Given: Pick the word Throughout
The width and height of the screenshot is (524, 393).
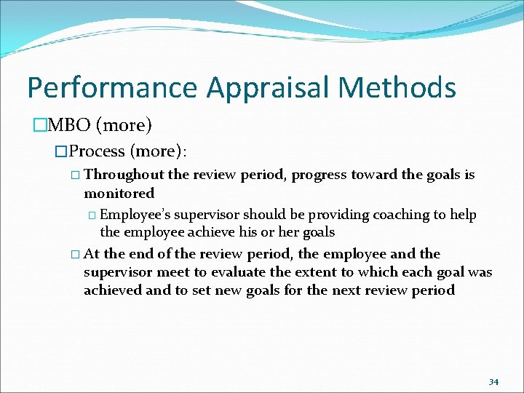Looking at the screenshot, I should point(124,175).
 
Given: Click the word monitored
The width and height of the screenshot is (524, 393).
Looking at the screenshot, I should point(119,194).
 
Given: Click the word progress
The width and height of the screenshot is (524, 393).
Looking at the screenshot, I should point(320,175).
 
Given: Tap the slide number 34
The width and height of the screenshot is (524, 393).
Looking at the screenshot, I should point(493,381).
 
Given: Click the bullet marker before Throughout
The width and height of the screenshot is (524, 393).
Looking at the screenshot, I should point(76,175).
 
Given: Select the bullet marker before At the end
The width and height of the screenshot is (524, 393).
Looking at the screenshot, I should point(76,255).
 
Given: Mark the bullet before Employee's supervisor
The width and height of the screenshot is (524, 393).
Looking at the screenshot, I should point(92,215).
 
